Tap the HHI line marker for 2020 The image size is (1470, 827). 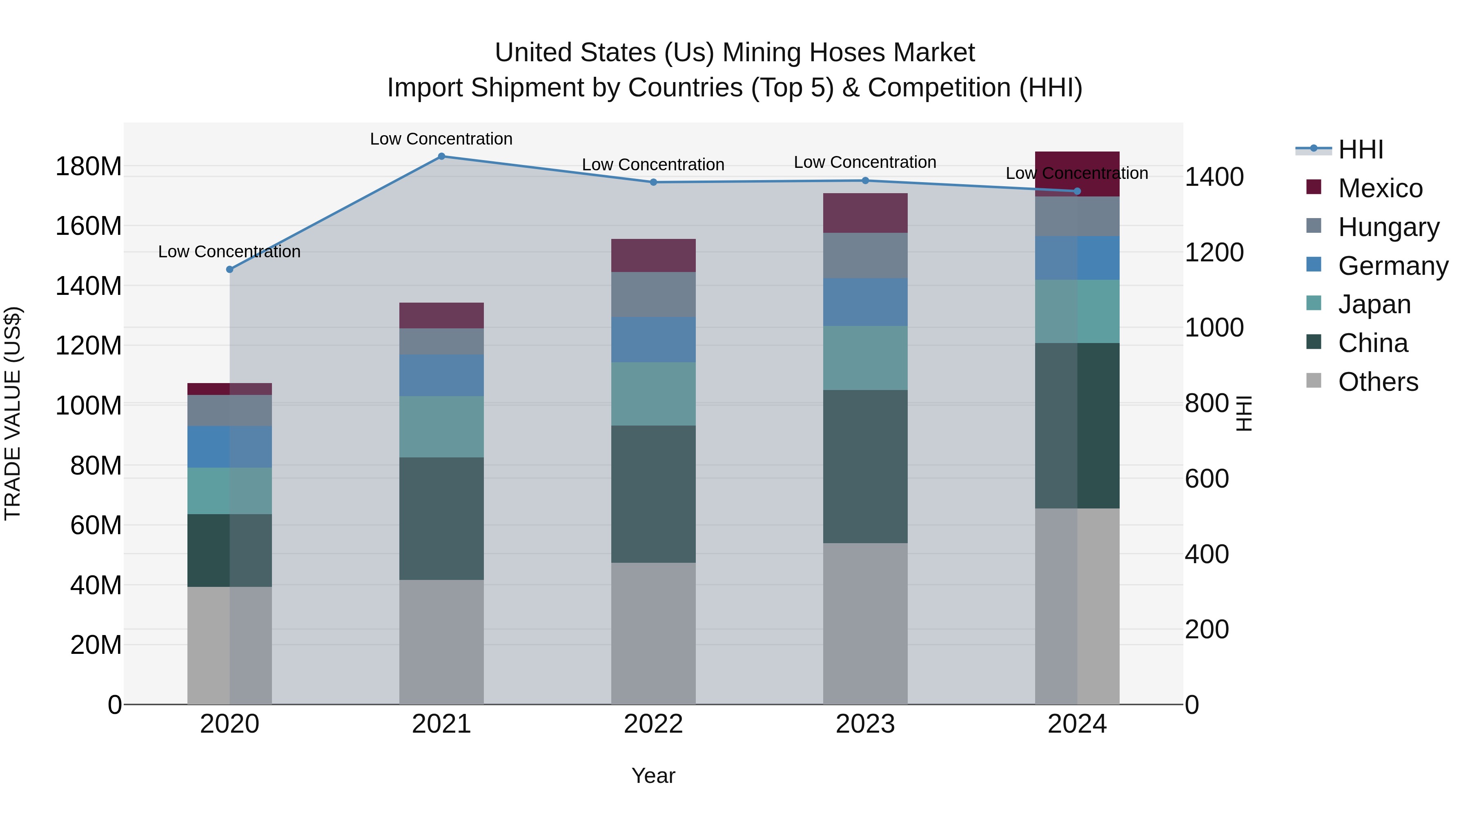point(229,270)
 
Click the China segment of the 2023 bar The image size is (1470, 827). point(865,466)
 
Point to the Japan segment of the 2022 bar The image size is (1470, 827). point(653,394)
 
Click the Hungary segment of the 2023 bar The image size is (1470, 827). point(865,255)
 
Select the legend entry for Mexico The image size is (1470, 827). point(1380,188)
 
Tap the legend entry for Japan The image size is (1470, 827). point(1374,304)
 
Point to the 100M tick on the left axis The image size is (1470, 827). point(89,406)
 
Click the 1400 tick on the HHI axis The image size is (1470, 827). point(1214,177)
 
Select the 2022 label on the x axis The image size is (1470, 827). point(653,724)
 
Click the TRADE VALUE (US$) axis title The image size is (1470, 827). point(13,413)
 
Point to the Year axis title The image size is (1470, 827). point(653,776)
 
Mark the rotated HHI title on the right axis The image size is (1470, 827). point(1245,413)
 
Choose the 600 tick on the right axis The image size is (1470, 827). point(1206,479)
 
